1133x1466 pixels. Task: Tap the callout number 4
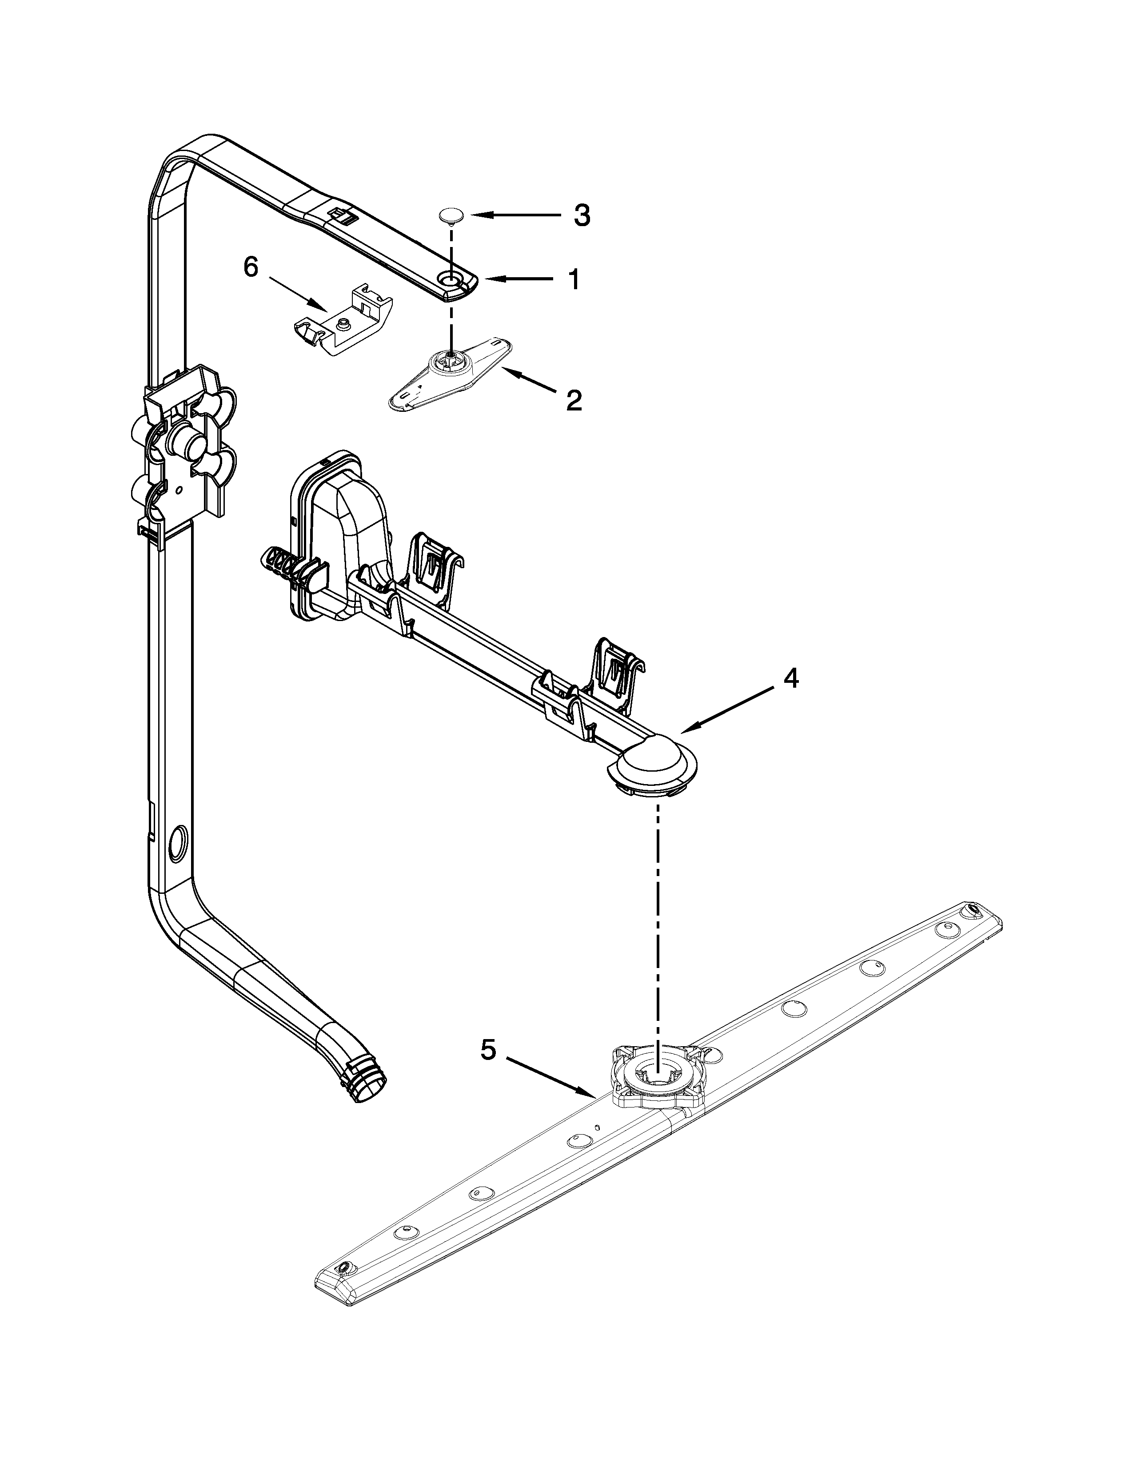pyautogui.click(x=791, y=679)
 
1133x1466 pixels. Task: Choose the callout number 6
pyautogui.click(x=250, y=268)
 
